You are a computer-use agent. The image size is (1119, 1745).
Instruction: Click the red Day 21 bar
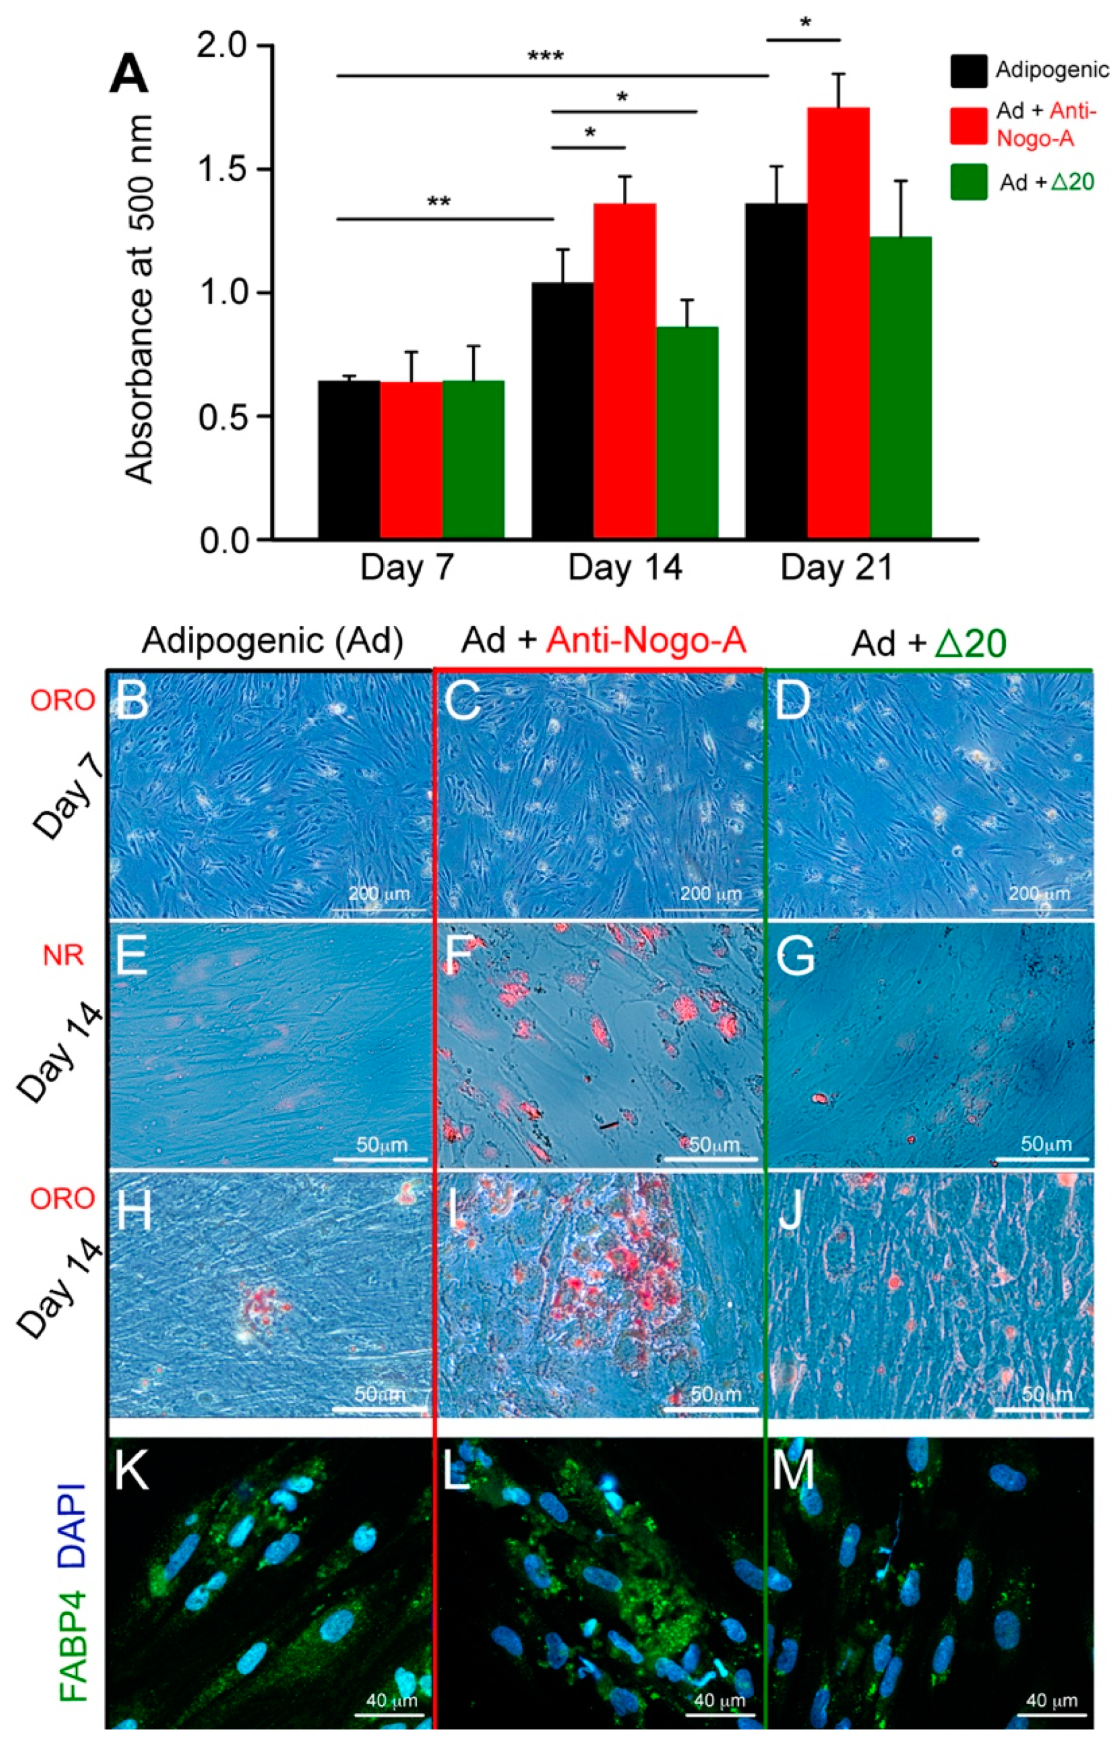pos(838,323)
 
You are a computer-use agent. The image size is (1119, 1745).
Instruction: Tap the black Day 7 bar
pos(349,460)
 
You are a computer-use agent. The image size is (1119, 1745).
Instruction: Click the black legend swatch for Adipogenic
pos(969,70)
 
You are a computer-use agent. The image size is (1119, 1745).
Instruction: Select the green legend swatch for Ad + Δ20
pos(969,182)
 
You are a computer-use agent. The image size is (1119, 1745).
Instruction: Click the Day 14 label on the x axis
pos(625,568)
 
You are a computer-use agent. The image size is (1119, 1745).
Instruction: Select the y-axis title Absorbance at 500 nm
pos(140,298)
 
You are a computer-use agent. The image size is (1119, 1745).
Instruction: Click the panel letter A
pos(129,76)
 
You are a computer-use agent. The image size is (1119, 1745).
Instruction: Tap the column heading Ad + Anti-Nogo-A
pos(604,641)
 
